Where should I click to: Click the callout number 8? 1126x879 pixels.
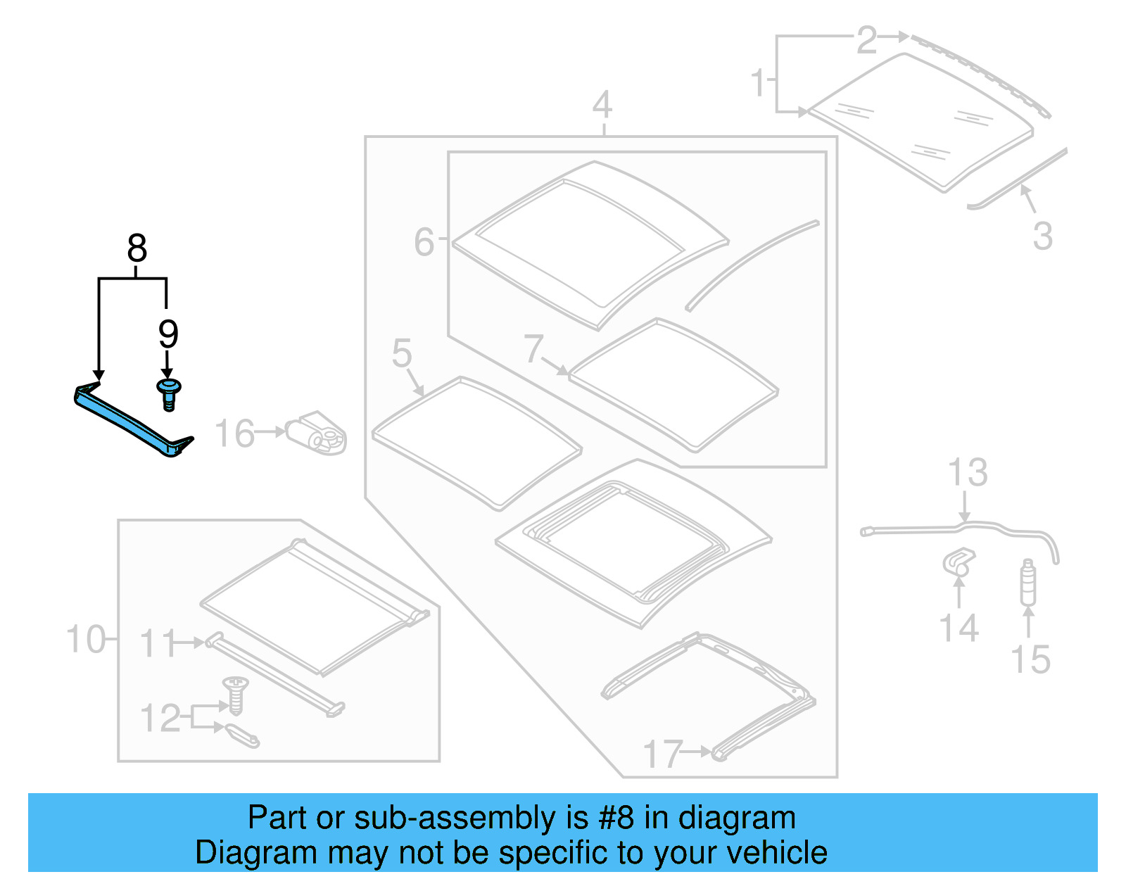(137, 248)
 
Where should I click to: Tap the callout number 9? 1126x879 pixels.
(167, 334)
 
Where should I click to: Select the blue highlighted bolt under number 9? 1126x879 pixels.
(169, 393)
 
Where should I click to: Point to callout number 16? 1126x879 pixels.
(234, 434)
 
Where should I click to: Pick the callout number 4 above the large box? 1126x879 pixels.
(602, 106)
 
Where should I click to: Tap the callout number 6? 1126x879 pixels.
(424, 242)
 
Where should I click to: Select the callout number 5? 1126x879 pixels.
(402, 353)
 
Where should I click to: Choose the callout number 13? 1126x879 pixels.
(968, 473)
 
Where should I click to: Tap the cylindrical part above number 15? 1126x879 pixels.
(1028, 582)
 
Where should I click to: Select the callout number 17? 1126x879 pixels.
(662, 754)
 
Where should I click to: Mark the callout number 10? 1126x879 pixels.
(86, 640)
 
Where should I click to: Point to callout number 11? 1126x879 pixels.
(157, 643)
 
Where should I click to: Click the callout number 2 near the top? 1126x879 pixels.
(866, 40)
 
